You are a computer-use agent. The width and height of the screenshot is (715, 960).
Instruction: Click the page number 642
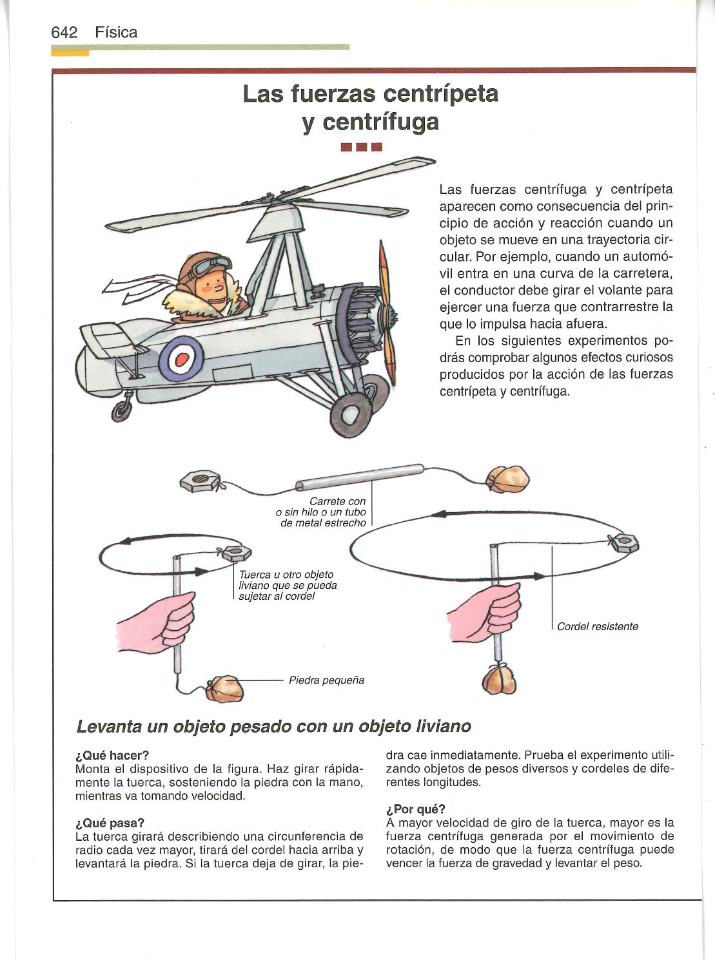coord(64,32)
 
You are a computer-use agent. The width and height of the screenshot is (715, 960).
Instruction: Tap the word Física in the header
coord(116,32)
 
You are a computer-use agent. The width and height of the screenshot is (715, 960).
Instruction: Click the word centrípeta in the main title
coord(441,94)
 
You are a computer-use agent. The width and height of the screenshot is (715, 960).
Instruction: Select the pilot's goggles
coord(215,265)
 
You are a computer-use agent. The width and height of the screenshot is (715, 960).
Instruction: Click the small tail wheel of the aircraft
coord(121,410)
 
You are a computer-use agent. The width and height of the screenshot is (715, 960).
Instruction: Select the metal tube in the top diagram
coord(360,477)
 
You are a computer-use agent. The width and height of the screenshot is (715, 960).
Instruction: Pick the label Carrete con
coord(337,501)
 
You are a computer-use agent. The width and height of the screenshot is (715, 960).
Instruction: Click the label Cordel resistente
coord(598,626)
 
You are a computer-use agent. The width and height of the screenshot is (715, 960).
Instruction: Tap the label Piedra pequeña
coord(326,680)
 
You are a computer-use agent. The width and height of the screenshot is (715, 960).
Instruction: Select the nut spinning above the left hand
coord(234,553)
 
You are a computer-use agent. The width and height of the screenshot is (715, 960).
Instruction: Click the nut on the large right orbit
coord(623,543)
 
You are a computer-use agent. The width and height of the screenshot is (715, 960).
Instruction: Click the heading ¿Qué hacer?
coord(112,755)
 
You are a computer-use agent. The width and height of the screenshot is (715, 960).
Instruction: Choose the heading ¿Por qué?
coord(416,809)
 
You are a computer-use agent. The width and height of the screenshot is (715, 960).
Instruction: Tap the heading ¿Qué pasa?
coord(110,823)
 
